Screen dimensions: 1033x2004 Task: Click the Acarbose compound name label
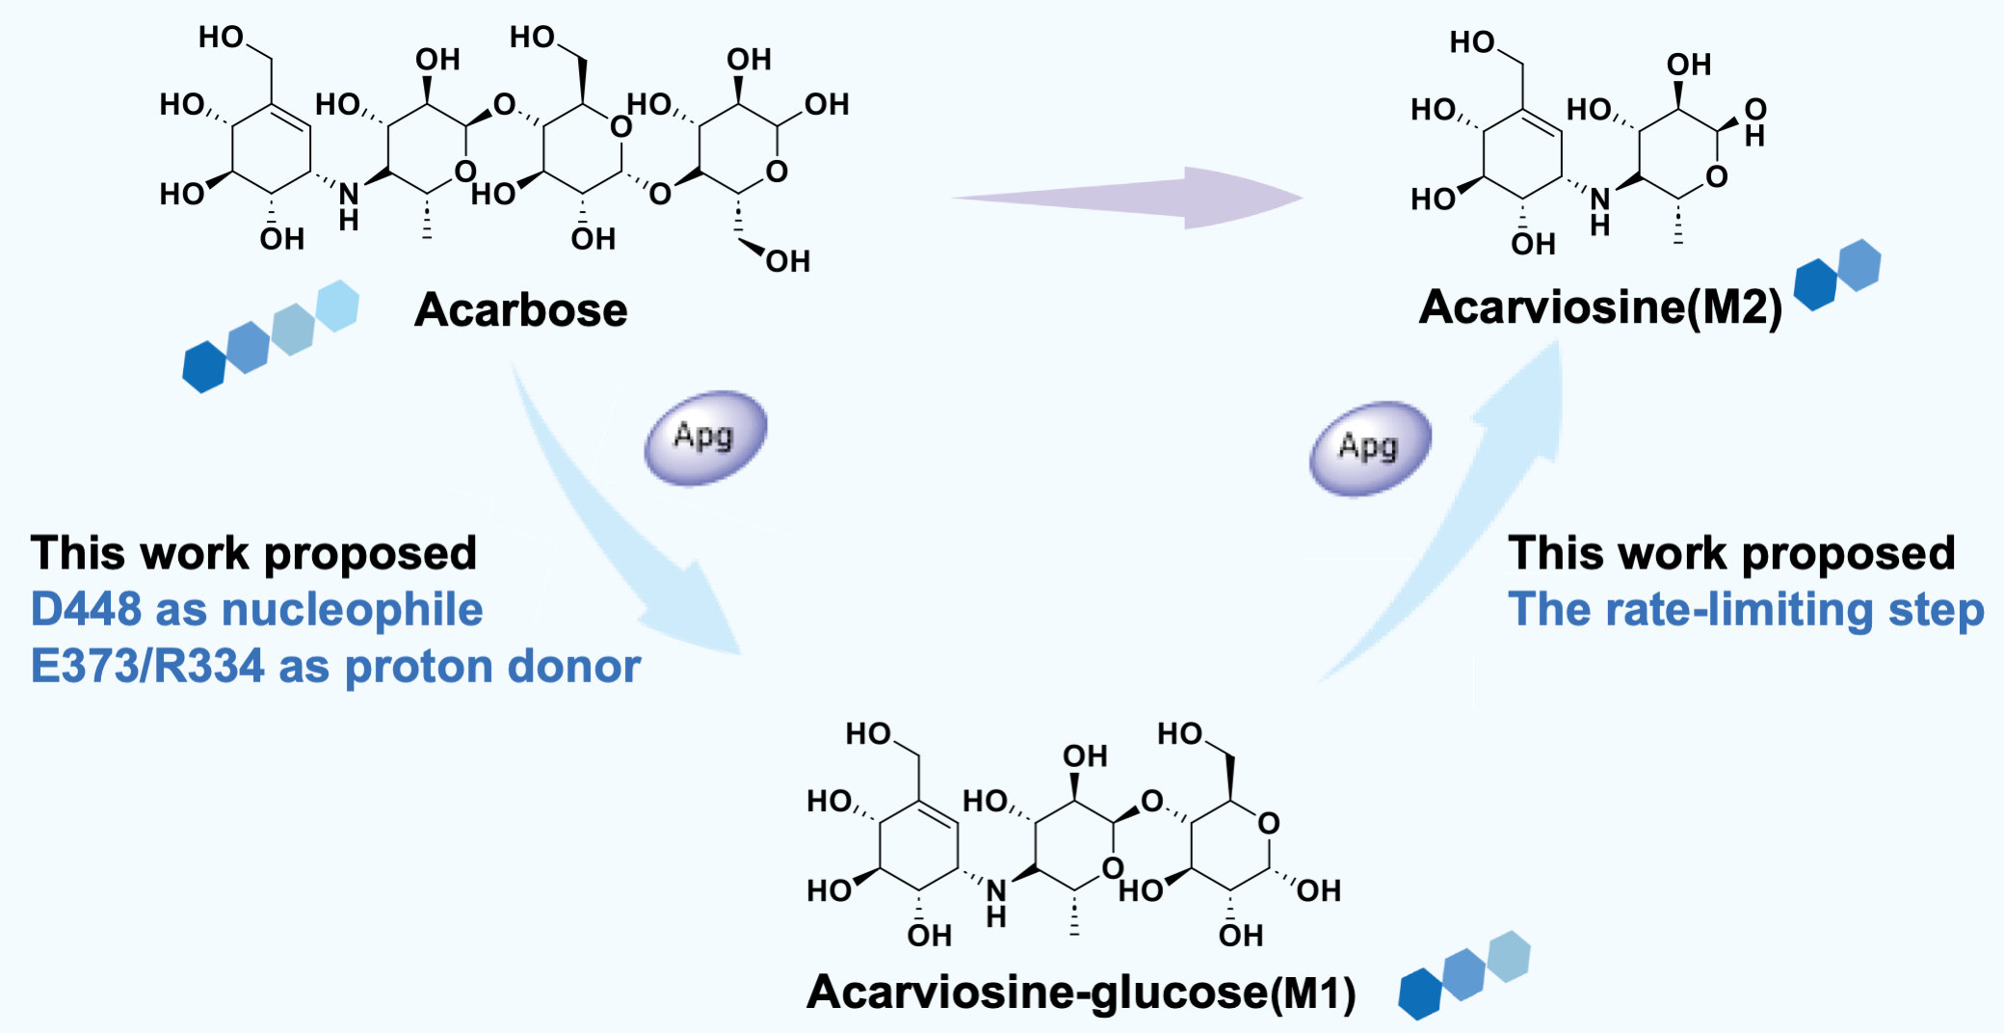click(x=521, y=310)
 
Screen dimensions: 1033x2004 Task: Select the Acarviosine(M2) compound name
click(x=1600, y=307)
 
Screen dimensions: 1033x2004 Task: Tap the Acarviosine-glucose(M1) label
click(x=1081, y=992)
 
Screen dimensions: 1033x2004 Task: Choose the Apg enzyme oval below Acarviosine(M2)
click(x=1369, y=447)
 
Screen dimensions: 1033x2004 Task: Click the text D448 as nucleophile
click(x=256, y=609)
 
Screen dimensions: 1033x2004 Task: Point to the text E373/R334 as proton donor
click(x=335, y=666)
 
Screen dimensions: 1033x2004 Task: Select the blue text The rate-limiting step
click(x=1746, y=609)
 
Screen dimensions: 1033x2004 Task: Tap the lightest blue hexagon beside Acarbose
click(x=337, y=305)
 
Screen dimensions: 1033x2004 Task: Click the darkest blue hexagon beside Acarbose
click(x=204, y=366)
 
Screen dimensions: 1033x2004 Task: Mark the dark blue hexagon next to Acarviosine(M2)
click(x=1815, y=284)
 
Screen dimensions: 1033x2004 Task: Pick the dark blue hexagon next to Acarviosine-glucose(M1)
click(x=1419, y=993)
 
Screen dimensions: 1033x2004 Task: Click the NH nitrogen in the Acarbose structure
click(x=349, y=194)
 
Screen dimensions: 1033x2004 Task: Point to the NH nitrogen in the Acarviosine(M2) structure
click(x=1600, y=199)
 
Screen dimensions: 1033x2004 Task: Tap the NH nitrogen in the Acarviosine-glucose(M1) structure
click(x=996, y=891)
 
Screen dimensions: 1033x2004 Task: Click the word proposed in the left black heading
click(x=370, y=553)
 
